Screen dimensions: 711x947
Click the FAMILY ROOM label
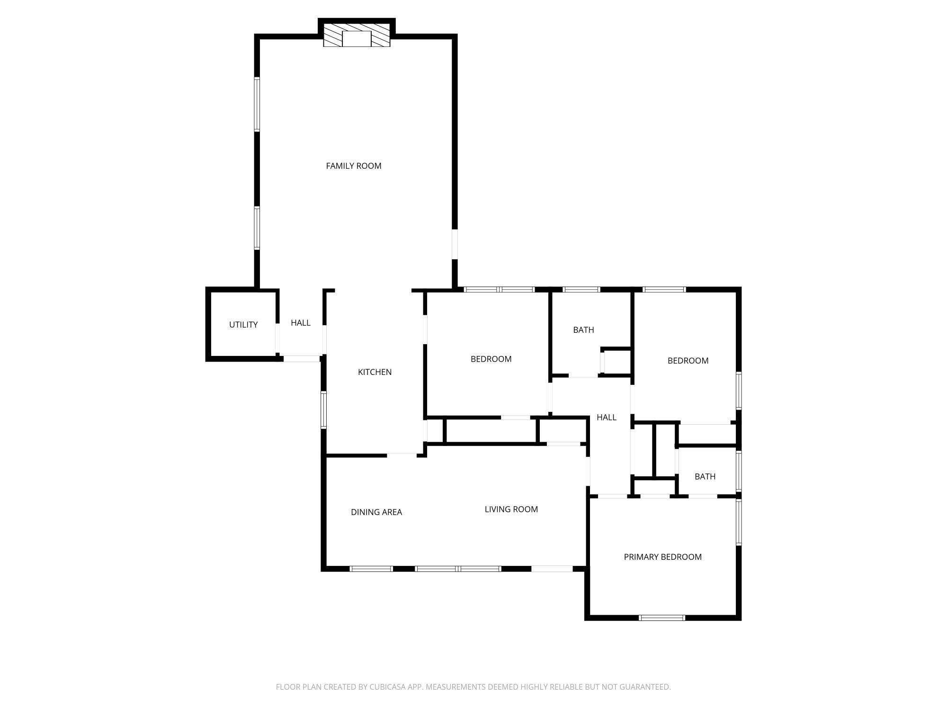tap(353, 166)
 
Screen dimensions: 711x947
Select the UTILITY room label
tap(243, 325)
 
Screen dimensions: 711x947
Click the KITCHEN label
tap(375, 372)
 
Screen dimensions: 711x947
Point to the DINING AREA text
tap(376, 512)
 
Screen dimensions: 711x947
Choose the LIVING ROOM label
tap(511, 509)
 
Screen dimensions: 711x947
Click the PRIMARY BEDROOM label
tap(662, 557)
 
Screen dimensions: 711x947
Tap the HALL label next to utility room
tap(300, 323)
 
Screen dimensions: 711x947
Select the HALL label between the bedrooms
tap(606, 417)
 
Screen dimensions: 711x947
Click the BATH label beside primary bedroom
tap(705, 476)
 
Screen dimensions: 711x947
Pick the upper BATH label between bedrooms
tap(583, 330)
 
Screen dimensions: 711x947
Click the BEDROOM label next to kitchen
tap(491, 359)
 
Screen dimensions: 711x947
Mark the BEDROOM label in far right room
tap(688, 361)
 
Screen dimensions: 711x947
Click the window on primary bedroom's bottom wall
tap(661, 618)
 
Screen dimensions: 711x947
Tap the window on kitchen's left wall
tap(324, 410)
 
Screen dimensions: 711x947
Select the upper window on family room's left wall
tap(257, 104)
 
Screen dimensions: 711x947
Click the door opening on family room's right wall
tap(455, 244)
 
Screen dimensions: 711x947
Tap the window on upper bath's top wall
tap(581, 289)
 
